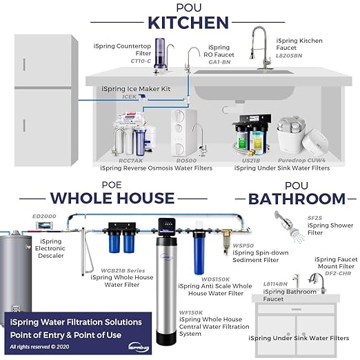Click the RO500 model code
[x=186, y=161]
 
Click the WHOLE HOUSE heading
[x=113, y=198]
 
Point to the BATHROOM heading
[x=297, y=199]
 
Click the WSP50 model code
[x=243, y=244]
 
